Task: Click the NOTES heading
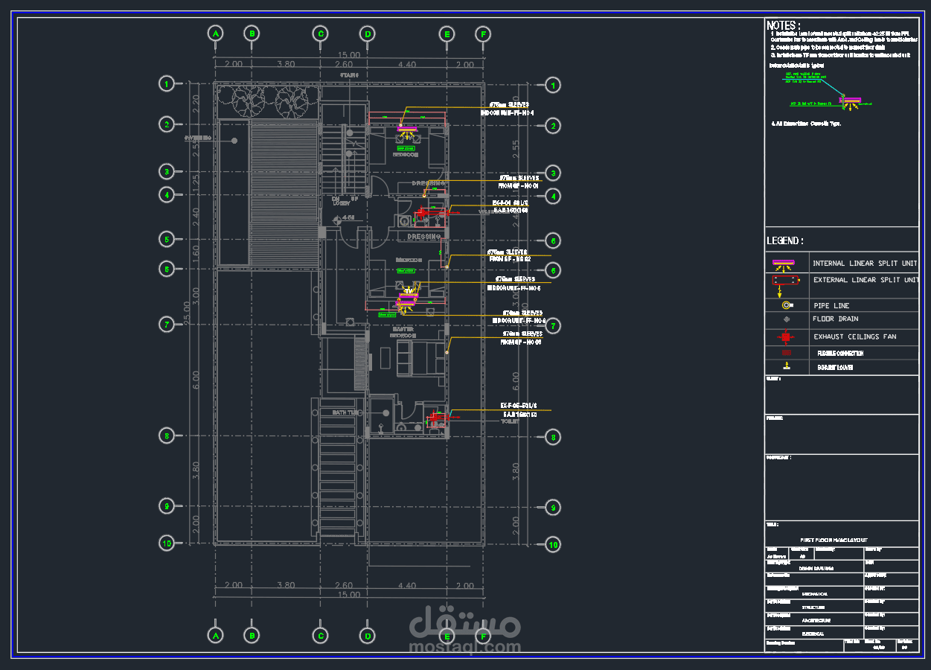point(784,25)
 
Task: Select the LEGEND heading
point(785,241)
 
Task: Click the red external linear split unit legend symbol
point(785,281)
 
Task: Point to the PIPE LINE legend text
point(831,306)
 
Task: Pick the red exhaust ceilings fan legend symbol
point(786,336)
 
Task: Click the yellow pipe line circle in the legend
point(786,305)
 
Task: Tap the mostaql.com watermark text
point(465,646)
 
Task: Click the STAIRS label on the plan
point(349,75)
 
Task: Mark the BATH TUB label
point(347,412)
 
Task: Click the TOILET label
point(510,421)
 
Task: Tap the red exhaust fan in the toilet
point(434,418)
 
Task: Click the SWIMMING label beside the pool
point(198,138)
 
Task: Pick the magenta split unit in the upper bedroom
point(406,130)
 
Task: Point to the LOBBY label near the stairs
point(341,203)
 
